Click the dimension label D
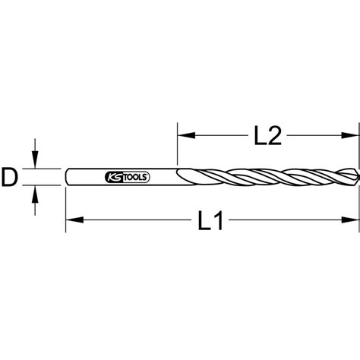[10, 177]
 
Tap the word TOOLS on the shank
[137, 177]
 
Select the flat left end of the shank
[67, 177]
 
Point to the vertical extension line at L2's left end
[177, 144]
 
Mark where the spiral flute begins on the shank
[179, 176]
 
